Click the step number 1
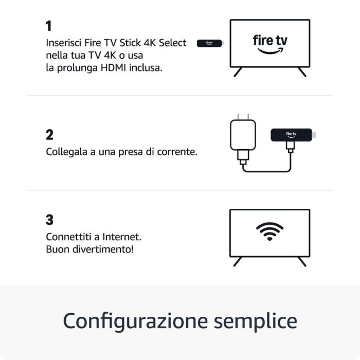pyautogui.click(x=48, y=26)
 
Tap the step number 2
pyautogui.click(x=49, y=135)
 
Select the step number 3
pyautogui.click(x=49, y=220)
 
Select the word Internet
pyautogui.click(x=122, y=237)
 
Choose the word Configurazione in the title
pyautogui.click(x=136, y=321)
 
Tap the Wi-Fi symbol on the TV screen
pyautogui.click(x=269, y=232)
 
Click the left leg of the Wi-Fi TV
pyautogui.click(x=238, y=261)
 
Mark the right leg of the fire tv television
pyautogui.click(x=302, y=72)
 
